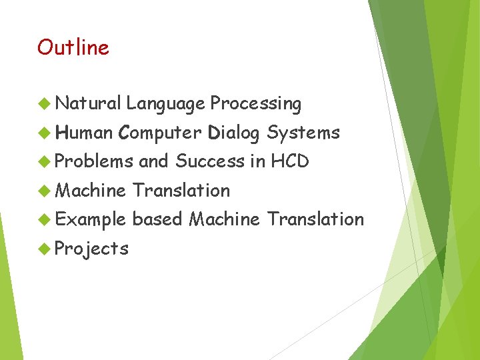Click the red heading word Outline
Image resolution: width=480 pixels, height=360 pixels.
[x=73, y=47]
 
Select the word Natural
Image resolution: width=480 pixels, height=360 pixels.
[x=88, y=103]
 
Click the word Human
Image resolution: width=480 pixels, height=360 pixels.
[x=85, y=133]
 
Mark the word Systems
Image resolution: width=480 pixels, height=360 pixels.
[x=303, y=133]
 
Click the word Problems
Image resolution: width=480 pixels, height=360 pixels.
[x=93, y=161]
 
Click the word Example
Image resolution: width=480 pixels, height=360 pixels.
[x=90, y=220]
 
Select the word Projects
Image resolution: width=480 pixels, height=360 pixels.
[x=91, y=249]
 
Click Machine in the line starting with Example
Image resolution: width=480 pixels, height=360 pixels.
[x=224, y=219]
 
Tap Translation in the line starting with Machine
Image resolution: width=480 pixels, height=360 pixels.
[x=181, y=190]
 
